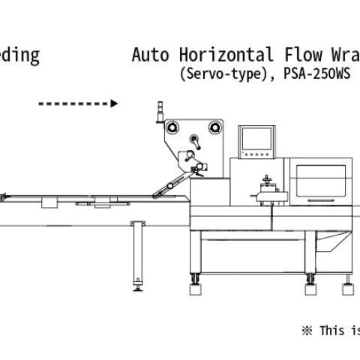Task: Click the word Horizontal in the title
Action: [x=226, y=55]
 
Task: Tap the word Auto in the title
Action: [x=150, y=55]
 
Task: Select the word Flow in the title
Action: [x=303, y=55]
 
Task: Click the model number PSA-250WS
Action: [x=316, y=73]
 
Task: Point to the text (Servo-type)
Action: [x=223, y=74]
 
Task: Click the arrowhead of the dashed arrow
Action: [x=114, y=103]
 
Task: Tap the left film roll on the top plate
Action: [x=172, y=127]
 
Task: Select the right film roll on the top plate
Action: [x=214, y=127]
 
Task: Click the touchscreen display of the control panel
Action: [x=256, y=139]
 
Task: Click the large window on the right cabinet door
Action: [x=321, y=180]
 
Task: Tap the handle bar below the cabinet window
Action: [x=321, y=200]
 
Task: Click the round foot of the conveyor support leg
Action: [x=138, y=289]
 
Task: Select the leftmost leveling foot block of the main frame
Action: [x=195, y=289]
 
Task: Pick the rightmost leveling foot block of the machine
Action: [x=348, y=289]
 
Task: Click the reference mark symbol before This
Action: [x=307, y=331]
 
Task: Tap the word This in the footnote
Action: [x=332, y=331]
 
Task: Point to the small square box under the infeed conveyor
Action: [x=49, y=202]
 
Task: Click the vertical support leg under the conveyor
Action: [x=138, y=253]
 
